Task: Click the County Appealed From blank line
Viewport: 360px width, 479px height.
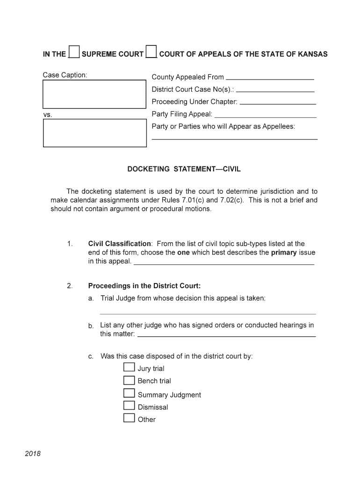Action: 269,78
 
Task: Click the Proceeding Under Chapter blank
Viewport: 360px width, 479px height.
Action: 277,102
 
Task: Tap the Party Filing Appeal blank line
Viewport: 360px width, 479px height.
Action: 265,115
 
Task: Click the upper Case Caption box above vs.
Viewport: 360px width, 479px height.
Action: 94,94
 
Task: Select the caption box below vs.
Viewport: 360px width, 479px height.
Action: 94,133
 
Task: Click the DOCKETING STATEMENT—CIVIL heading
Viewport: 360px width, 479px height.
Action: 184,169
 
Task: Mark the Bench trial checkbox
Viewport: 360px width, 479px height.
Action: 129,380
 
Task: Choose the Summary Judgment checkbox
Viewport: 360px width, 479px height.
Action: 129,393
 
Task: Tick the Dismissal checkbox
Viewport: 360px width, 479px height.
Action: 129,406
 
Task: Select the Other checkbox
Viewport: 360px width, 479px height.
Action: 129,418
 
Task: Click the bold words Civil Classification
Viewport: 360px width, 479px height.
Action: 119,244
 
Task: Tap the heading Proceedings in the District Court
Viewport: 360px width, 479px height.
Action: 144,286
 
